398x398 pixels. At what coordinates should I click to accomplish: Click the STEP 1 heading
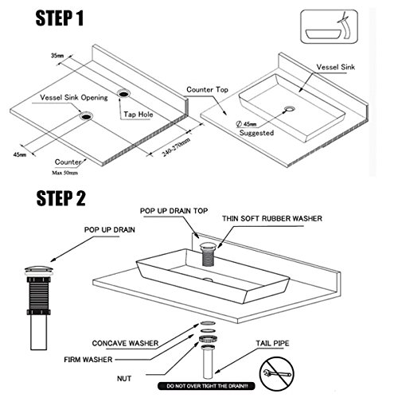pyautogui.click(x=60, y=18)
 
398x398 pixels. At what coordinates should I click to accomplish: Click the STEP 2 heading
pyautogui.click(x=60, y=198)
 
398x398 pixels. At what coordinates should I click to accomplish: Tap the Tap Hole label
pyautogui.click(x=139, y=115)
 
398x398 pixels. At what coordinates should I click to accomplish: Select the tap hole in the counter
pyautogui.click(x=124, y=93)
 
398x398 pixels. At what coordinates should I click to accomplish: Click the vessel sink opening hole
pyautogui.click(x=86, y=116)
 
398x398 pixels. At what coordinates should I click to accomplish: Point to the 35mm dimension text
pyautogui.click(x=57, y=56)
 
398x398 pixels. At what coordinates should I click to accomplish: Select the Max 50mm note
pyautogui.click(x=64, y=173)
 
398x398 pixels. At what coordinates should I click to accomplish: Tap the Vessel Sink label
pyautogui.click(x=336, y=67)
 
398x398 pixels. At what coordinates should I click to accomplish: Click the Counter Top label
pyautogui.click(x=207, y=90)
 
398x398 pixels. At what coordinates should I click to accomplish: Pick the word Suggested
pyautogui.click(x=256, y=133)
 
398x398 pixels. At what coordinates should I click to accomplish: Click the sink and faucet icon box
pyautogui.click(x=329, y=26)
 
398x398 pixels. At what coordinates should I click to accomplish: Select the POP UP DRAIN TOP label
pyautogui.click(x=174, y=211)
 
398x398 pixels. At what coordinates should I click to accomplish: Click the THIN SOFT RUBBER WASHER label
pyautogui.click(x=272, y=218)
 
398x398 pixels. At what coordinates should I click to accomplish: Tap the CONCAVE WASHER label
pyautogui.click(x=125, y=343)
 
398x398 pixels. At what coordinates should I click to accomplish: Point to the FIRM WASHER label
pyautogui.click(x=88, y=360)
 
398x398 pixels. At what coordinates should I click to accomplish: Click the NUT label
pyautogui.click(x=124, y=379)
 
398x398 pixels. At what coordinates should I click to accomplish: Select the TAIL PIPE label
pyautogui.click(x=272, y=343)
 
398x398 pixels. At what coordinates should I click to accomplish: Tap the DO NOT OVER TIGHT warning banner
pyautogui.click(x=206, y=386)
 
